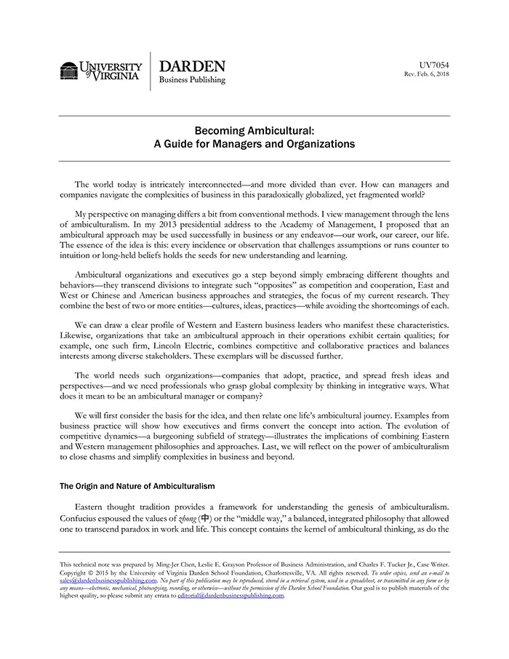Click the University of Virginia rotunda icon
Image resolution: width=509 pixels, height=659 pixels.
(68, 71)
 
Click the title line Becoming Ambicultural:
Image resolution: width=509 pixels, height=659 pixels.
(254, 131)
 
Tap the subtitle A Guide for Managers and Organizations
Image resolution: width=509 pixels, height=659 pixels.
(254, 144)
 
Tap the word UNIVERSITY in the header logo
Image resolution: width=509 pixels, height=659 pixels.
(111, 66)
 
